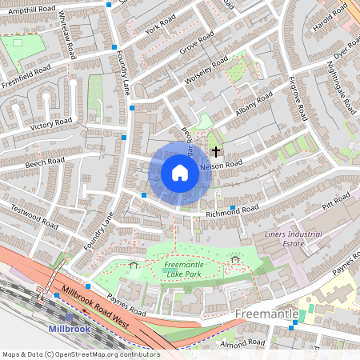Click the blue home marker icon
pyautogui.click(x=180, y=173)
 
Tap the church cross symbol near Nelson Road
pyautogui.click(x=216, y=150)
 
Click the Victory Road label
pyautogui.click(x=51, y=124)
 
